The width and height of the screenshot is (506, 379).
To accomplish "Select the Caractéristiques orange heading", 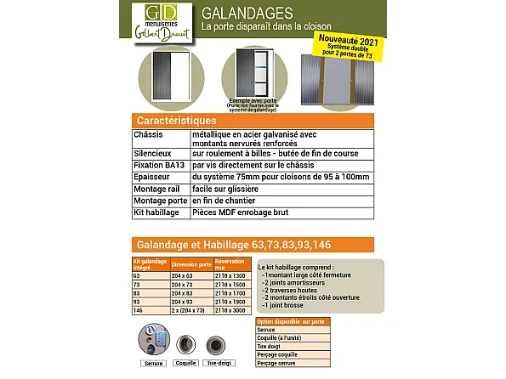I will click(x=169, y=122).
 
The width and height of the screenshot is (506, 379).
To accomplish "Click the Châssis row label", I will click(x=148, y=134).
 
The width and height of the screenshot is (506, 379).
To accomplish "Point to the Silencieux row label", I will click(x=151, y=154).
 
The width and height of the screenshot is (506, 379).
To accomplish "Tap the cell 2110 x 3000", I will click(x=230, y=310).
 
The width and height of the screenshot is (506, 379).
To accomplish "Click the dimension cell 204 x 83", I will click(x=182, y=293).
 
